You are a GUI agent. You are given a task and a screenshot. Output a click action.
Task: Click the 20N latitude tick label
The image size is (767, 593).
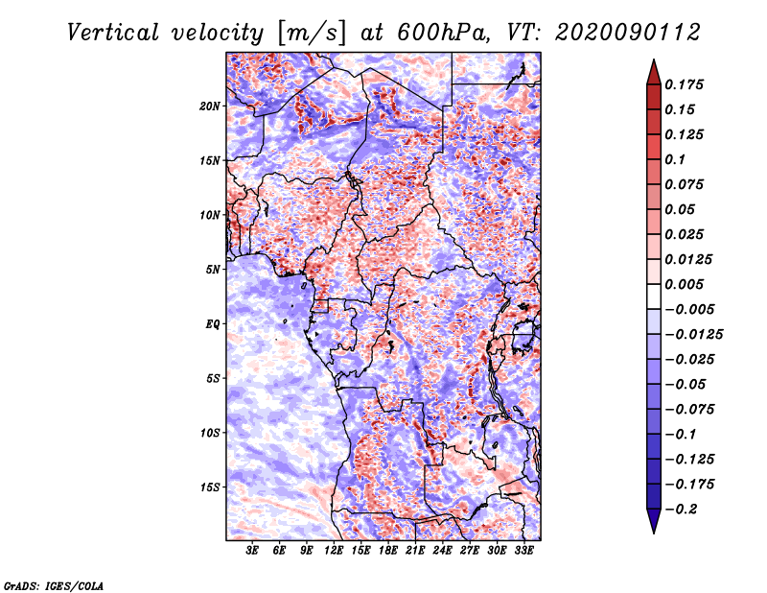coord(210,107)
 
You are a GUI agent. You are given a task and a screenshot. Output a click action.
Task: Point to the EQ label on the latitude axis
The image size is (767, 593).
coord(213,324)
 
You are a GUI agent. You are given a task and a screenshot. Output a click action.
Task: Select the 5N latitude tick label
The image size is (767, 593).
coord(213,270)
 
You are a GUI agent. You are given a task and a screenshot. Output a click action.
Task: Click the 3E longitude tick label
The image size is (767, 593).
coord(252,551)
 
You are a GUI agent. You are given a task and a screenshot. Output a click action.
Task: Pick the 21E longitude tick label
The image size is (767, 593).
coord(415,551)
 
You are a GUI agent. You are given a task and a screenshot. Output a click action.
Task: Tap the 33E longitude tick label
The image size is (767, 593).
coord(523,551)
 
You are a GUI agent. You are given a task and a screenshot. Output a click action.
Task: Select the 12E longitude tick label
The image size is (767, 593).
coord(334,551)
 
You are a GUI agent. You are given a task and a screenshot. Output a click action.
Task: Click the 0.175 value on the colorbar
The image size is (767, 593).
coord(684,84)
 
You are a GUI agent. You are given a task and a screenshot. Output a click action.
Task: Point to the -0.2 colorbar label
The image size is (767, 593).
coord(681,510)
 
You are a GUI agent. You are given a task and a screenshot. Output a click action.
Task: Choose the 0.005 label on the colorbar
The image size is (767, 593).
coord(684,284)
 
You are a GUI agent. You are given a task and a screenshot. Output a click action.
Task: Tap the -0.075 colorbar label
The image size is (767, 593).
coord(689,410)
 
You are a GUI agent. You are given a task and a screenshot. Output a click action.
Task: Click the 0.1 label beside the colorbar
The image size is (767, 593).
coord(675,159)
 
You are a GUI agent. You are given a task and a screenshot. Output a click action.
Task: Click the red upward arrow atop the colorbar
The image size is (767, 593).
coord(654,73)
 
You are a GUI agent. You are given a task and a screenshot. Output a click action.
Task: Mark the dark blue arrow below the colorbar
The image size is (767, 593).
coord(654,521)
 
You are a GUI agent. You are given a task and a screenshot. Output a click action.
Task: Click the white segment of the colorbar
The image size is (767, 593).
coord(654,296)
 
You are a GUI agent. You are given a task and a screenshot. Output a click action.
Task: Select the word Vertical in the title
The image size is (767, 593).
coord(113,33)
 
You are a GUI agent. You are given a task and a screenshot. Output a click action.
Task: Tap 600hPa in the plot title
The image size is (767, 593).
coord(443,33)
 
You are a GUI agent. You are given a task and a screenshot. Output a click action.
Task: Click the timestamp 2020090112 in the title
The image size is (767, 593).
coord(628,33)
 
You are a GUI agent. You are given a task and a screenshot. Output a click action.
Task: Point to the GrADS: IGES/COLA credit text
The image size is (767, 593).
coord(54,585)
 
